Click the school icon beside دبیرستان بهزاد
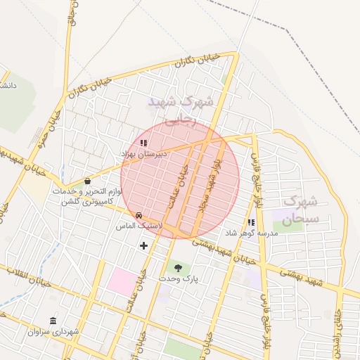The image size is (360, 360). tap(143, 143)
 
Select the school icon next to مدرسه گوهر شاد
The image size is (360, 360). tap(251, 222)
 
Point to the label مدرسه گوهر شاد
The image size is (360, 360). tap(251, 233)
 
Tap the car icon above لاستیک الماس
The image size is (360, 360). tap(139, 215)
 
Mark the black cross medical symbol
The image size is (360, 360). tap(144, 245)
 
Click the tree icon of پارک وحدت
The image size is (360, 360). tap(178, 267)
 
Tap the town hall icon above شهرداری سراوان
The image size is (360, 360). tap(53, 320)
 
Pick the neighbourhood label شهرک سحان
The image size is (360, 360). tap(303, 210)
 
